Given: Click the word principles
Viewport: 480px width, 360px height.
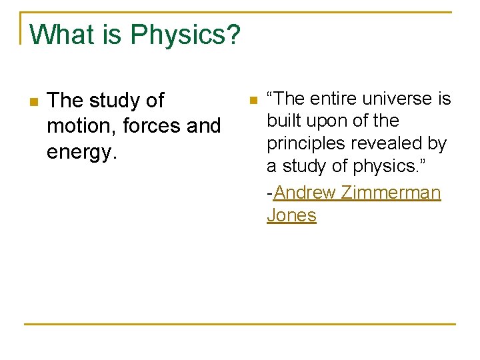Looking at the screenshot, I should [x=305, y=144].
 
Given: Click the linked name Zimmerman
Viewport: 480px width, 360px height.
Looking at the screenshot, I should [x=391, y=193].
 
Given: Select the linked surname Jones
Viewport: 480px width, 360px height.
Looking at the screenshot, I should [x=291, y=215].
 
